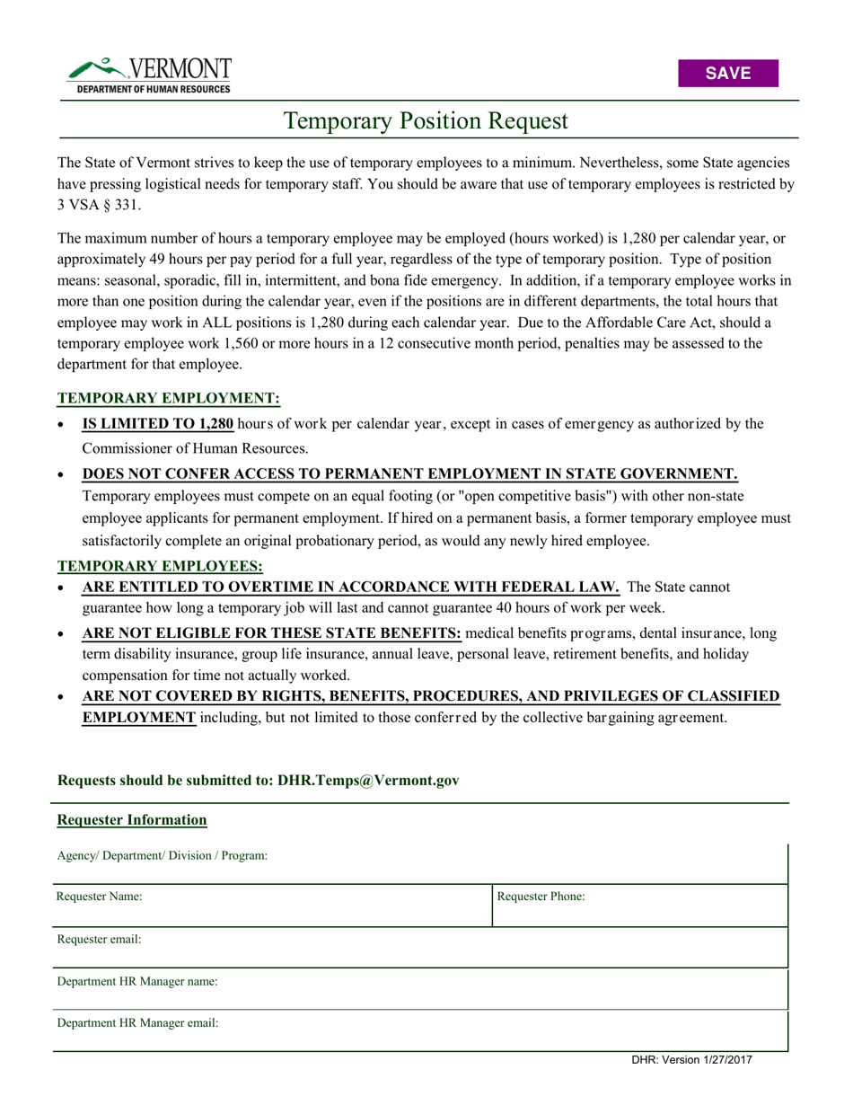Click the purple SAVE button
pyautogui.click(x=727, y=74)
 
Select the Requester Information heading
pyautogui.click(x=132, y=819)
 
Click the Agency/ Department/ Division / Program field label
pyautogui.click(x=163, y=855)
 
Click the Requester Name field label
pyautogui.click(x=100, y=896)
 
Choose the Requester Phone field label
pyautogui.click(x=541, y=896)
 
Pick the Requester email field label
pyautogui.click(x=100, y=939)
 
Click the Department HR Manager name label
pyautogui.click(x=137, y=981)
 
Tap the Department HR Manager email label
pyautogui.click(x=138, y=1022)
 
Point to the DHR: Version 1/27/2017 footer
pyautogui.click(x=691, y=1060)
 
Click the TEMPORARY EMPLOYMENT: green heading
pyautogui.click(x=169, y=398)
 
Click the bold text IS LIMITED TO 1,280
pyautogui.click(x=158, y=424)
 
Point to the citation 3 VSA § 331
pyautogui.click(x=97, y=205)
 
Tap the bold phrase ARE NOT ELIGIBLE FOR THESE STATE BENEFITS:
pyautogui.click(x=272, y=633)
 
